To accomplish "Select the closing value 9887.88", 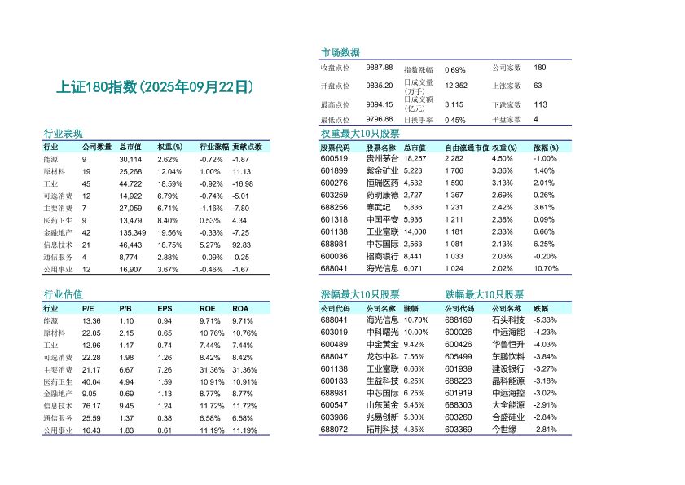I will (x=380, y=68).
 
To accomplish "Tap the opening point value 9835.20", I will (x=380, y=86).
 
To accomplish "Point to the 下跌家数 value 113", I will (x=540, y=104).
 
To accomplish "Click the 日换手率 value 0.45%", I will (x=455, y=120).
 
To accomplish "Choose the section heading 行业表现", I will (x=63, y=134).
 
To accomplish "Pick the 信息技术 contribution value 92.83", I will (x=241, y=245).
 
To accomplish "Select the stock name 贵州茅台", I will (x=383, y=158).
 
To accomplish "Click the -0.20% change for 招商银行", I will (x=545, y=256).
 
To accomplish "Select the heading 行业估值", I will (x=63, y=294).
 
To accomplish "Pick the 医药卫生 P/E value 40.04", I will (x=91, y=381).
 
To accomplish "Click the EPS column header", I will (x=165, y=309).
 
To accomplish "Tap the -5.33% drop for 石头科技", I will (x=545, y=320).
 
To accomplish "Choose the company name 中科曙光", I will (x=383, y=333).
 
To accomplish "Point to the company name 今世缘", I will (x=504, y=430).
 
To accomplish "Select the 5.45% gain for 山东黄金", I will (x=414, y=405).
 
